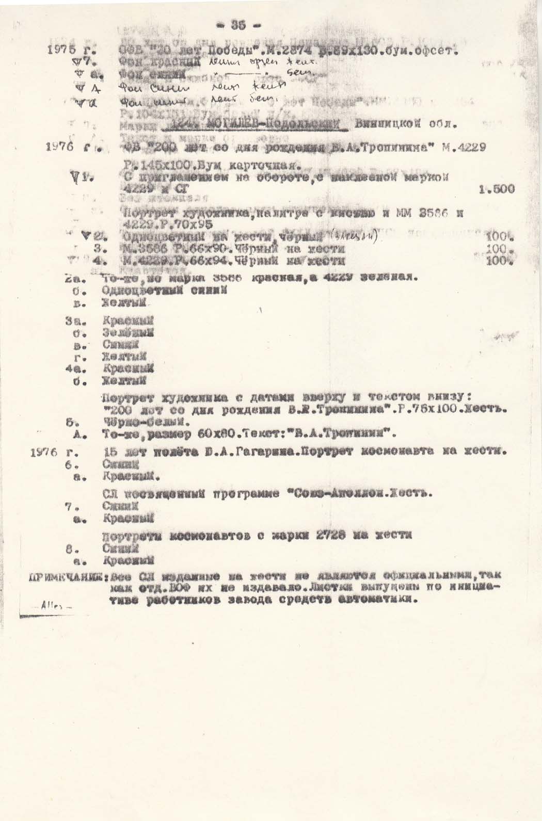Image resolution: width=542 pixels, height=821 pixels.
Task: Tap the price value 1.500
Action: coord(497,189)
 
